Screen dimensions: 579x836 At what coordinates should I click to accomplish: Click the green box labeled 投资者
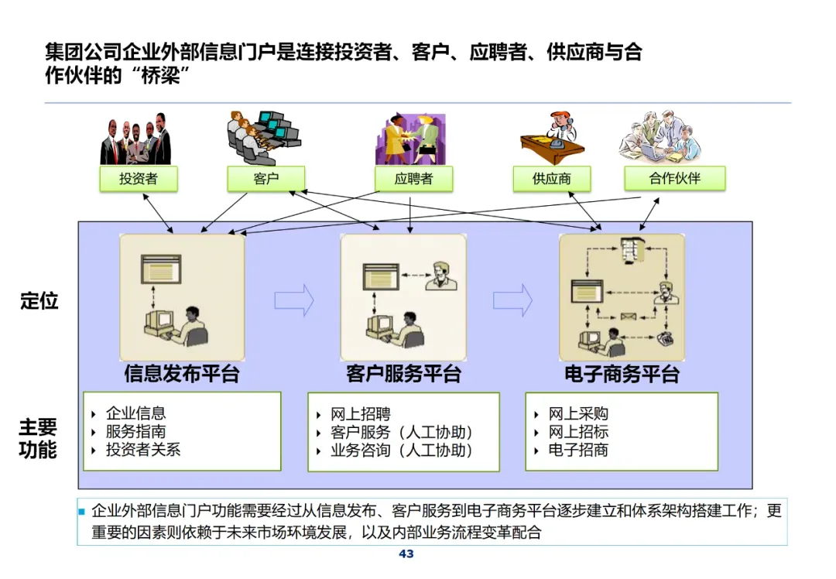pos(139,179)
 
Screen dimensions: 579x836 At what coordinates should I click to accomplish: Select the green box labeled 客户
pos(266,179)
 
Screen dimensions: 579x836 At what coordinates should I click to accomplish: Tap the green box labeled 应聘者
pos(413,179)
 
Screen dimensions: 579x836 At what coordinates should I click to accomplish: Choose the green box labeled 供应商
pos(551,179)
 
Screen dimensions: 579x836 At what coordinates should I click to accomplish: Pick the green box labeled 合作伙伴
pos(674,178)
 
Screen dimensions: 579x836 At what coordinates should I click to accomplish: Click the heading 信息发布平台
pos(182,375)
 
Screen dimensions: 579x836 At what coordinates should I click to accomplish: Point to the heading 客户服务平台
pos(403,375)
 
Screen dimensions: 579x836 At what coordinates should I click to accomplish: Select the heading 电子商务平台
pos(622,375)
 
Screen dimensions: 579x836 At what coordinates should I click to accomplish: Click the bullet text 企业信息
pos(136,414)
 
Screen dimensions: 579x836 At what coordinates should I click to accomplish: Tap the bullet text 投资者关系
pos(143,450)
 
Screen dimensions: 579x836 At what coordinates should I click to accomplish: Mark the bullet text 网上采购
pos(578,414)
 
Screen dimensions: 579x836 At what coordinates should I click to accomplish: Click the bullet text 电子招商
pos(578,450)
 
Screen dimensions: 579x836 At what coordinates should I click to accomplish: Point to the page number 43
pos(406,554)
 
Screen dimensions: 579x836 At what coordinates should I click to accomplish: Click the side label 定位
pos(39,300)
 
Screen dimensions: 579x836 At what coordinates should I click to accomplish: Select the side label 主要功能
pos(38,438)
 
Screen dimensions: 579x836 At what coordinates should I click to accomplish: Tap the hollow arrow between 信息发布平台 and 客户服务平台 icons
pos(294,300)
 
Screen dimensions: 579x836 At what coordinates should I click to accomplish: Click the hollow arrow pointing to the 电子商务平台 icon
pos(512,300)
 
